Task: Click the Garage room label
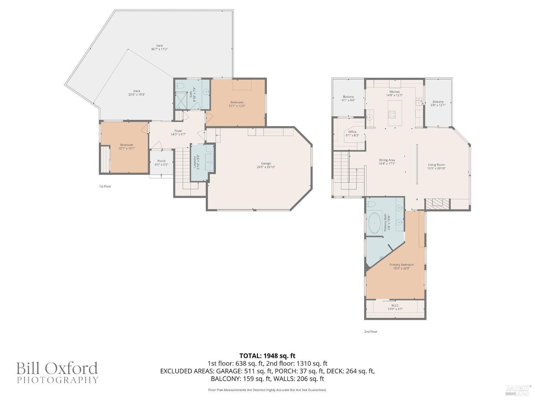266,165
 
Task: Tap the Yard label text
159,47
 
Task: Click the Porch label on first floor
161,163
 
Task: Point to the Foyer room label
178,133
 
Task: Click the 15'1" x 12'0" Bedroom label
237,104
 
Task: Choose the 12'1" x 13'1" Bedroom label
127,146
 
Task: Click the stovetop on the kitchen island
392,114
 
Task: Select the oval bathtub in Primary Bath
374,223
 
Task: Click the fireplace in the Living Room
437,204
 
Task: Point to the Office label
352,134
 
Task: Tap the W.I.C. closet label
395,307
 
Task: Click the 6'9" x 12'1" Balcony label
438,103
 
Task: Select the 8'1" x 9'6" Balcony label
348,98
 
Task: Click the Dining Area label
387,162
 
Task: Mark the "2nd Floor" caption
371,331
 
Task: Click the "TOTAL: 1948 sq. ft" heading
267,356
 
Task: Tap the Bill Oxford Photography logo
57,372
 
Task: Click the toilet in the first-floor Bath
179,86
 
